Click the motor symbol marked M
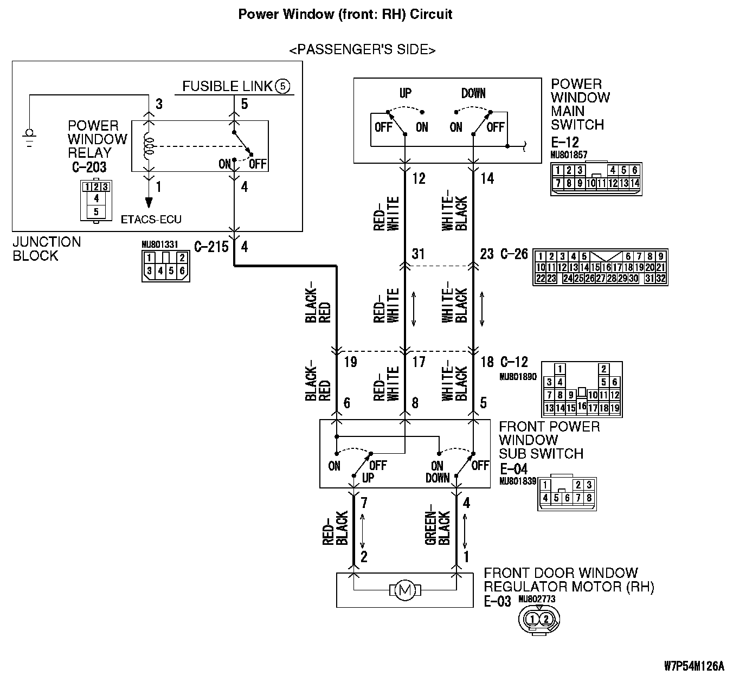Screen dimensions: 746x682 (x=405, y=590)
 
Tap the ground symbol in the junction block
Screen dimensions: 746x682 (x=29, y=138)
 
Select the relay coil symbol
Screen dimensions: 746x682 (x=149, y=146)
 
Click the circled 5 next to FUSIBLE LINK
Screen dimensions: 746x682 (x=282, y=86)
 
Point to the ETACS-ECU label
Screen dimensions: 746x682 (x=151, y=220)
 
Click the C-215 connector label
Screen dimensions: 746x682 (x=211, y=247)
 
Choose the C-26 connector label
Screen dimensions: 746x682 (x=515, y=254)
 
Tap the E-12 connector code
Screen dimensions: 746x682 (x=565, y=143)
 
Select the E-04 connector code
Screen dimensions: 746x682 (x=513, y=469)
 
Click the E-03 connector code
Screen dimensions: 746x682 (x=498, y=601)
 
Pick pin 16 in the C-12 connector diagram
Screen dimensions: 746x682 (x=582, y=406)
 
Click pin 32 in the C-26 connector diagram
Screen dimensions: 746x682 (x=661, y=278)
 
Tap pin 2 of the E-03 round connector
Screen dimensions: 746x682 (x=546, y=619)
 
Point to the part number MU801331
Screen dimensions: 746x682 (x=160, y=245)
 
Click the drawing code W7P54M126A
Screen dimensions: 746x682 (x=694, y=666)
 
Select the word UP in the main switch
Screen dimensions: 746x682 (x=406, y=93)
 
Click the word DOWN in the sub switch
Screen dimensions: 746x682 (x=438, y=478)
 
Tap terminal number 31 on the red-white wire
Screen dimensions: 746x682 (x=418, y=254)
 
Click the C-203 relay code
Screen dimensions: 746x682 (x=89, y=167)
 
